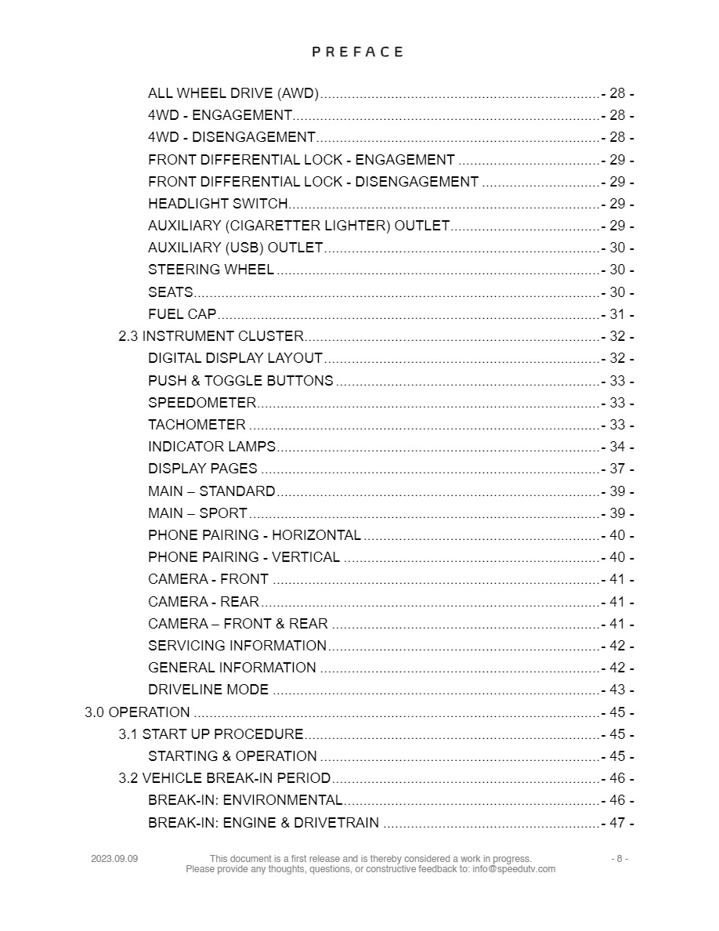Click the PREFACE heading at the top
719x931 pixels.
[x=358, y=52]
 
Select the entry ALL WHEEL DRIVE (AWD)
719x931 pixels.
[x=233, y=94]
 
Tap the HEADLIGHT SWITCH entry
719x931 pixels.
[x=218, y=204]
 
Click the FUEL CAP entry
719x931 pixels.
[x=182, y=314]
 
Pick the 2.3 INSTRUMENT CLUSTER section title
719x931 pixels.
[x=211, y=336]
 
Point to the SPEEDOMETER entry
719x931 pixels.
[x=201, y=403]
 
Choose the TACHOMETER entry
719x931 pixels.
[x=197, y=425]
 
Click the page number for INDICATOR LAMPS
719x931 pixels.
[x=617, y=447]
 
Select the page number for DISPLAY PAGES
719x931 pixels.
[x=617, y=469]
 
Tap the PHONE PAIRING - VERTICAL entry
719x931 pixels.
[x=244, y=557]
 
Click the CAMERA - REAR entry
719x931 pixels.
[x=203, y=602]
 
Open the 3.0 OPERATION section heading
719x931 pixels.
[x=137, y=712]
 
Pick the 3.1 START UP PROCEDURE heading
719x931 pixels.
[x=211, y=734]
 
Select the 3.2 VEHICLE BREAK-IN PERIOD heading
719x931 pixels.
[x=224, y=778]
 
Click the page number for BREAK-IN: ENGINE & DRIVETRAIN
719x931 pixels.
[x=617, y=823]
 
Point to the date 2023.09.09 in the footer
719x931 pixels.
[x=114, y=859]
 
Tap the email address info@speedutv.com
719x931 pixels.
[x=514, y=869]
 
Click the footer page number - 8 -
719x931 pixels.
[x=620, y=859]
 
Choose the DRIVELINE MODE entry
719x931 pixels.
[x=208, y=690]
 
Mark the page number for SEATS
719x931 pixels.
[x=617, y=292]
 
